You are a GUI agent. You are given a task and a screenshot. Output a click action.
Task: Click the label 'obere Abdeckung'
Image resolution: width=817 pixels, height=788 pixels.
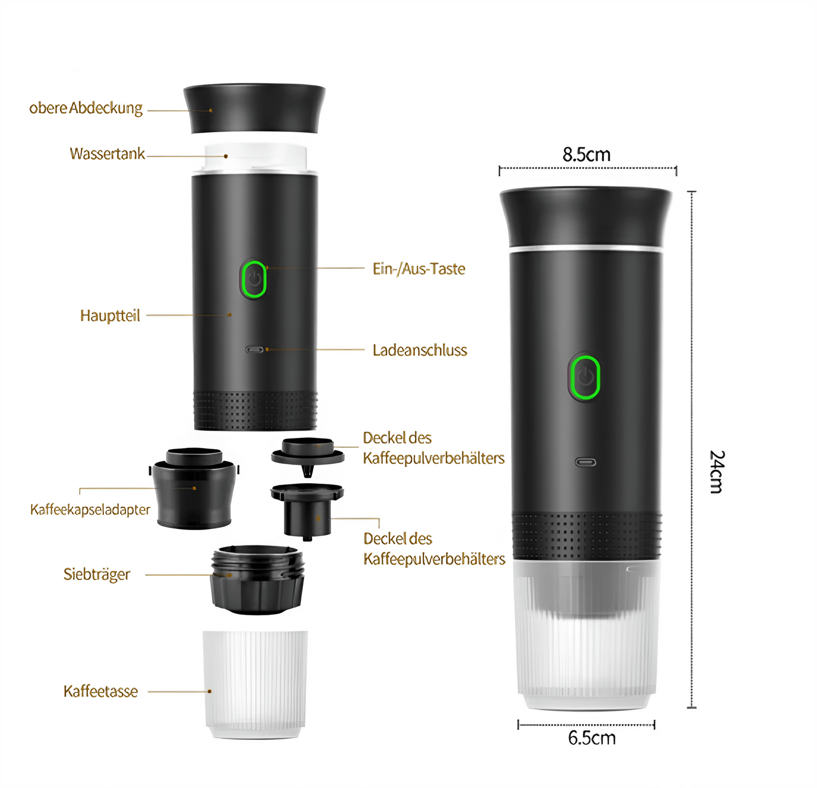86,108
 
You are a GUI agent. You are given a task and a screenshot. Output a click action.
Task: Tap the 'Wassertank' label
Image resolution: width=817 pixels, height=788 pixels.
107,154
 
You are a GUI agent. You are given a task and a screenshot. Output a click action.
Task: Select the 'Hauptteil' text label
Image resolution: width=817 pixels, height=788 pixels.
110,316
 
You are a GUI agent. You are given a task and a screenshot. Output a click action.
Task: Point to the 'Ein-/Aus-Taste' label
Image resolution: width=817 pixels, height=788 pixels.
419,269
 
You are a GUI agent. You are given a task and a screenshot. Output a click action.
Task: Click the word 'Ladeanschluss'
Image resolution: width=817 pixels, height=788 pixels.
420,350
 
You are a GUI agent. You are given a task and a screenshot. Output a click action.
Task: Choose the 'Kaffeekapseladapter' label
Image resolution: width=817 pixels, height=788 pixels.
90,510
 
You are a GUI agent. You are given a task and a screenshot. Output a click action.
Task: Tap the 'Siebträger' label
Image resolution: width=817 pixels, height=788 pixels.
97,574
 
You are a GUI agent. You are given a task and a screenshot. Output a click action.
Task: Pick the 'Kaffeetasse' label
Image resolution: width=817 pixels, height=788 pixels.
101,691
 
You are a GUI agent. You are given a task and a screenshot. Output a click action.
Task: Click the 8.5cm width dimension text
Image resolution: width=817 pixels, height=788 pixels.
586,154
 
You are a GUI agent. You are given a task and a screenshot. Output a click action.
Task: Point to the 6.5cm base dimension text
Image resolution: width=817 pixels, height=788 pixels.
592,738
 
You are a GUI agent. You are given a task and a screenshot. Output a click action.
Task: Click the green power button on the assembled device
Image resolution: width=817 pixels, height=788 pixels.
584,377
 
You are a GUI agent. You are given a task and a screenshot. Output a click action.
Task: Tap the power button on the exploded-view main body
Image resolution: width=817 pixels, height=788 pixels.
253,279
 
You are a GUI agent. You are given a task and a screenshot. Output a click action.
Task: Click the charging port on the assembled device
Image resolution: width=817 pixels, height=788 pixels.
585,463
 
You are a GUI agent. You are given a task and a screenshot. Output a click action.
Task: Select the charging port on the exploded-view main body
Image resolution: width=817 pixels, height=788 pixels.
254,350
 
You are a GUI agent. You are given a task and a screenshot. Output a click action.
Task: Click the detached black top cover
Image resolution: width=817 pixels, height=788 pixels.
254,109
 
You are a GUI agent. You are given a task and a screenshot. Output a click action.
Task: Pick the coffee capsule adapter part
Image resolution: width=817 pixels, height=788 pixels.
194,489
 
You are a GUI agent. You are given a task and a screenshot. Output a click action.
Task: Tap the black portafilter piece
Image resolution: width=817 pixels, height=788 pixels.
257,580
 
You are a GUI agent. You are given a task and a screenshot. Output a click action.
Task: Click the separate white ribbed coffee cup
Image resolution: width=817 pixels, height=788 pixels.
255,684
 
